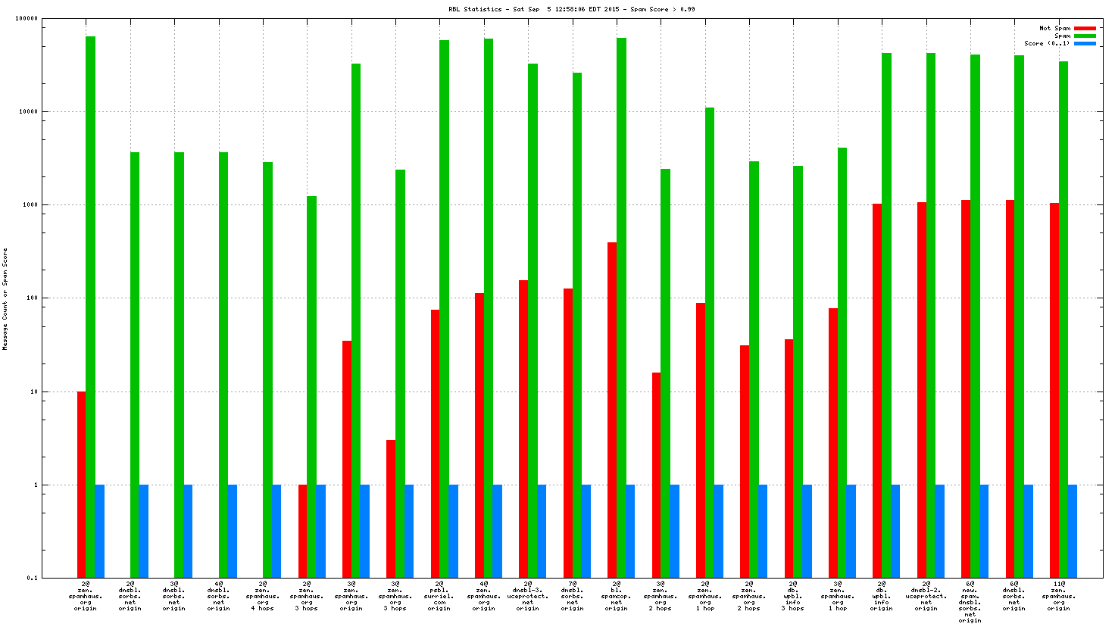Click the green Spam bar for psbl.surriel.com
pos(444,303)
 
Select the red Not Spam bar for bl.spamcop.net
pos(611,409)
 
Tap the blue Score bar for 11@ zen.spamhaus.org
pos(1073,531)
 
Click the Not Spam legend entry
pos(1054,28)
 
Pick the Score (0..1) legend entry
pos(1047,43)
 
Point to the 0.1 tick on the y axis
pos(32,579)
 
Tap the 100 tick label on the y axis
pos(30,298)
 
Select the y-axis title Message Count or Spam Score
pos(5,298)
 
